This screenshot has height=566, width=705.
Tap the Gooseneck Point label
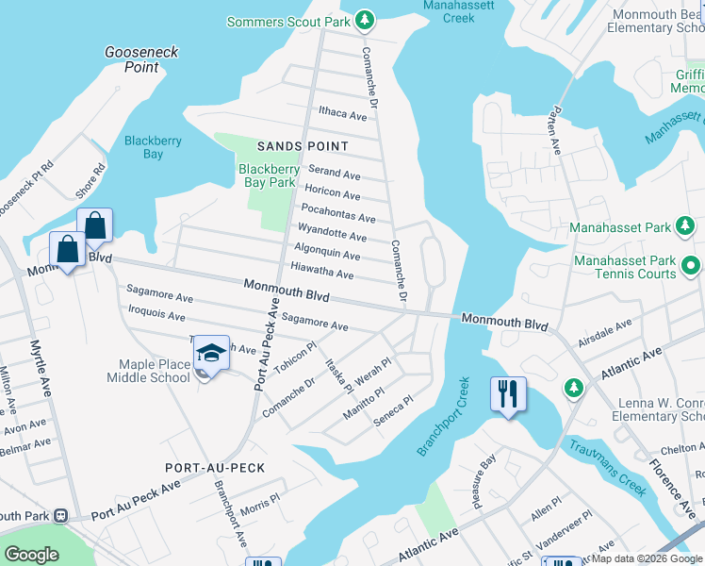point(141,59)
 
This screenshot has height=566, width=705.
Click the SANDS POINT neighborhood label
point(303,146)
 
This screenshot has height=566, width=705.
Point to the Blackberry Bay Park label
point(269,176)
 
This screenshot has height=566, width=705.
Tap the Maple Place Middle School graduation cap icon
point(212,354)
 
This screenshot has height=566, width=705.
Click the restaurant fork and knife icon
point(508,392)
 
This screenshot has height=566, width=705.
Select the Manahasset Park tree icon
point(687,227)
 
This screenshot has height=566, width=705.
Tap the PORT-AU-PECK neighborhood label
point(215,468)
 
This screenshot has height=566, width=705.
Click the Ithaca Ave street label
point(342,114)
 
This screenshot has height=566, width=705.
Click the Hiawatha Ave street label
point(322,273)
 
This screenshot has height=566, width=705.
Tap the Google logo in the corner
point(30,555)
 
